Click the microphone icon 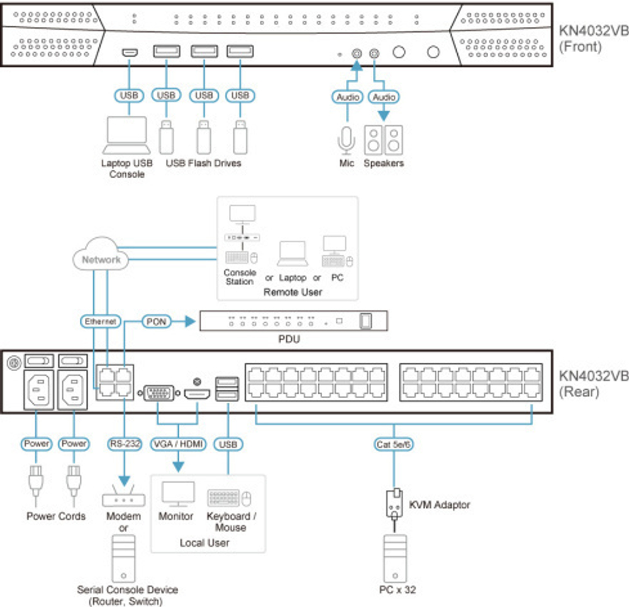pyautogui.click(x=346, y=139)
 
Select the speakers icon pyautogui.click(x=384, y=140)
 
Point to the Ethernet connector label pyautogui.click(x=101, y=321)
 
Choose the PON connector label pyautogui.click(x=156, y=320)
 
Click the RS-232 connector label pyautogui.click(x=124, y=444)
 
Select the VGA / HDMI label pyautogui.click(x=178, y=444)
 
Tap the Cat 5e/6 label pyautogui.click(x=393, y=444)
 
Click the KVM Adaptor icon pyautogui.click(x=394, y=503)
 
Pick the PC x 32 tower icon pyautogui.click(x=394, y=557)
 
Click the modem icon pyautogui.click(x=123, y=499)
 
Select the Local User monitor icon pyautogui.click(x=177, y=493)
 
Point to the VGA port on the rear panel pyautogui.click(x=157, y=394)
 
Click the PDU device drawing pyautogui.click(x=294, y=321)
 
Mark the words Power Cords pyautogui.click(x=56, y=516)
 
